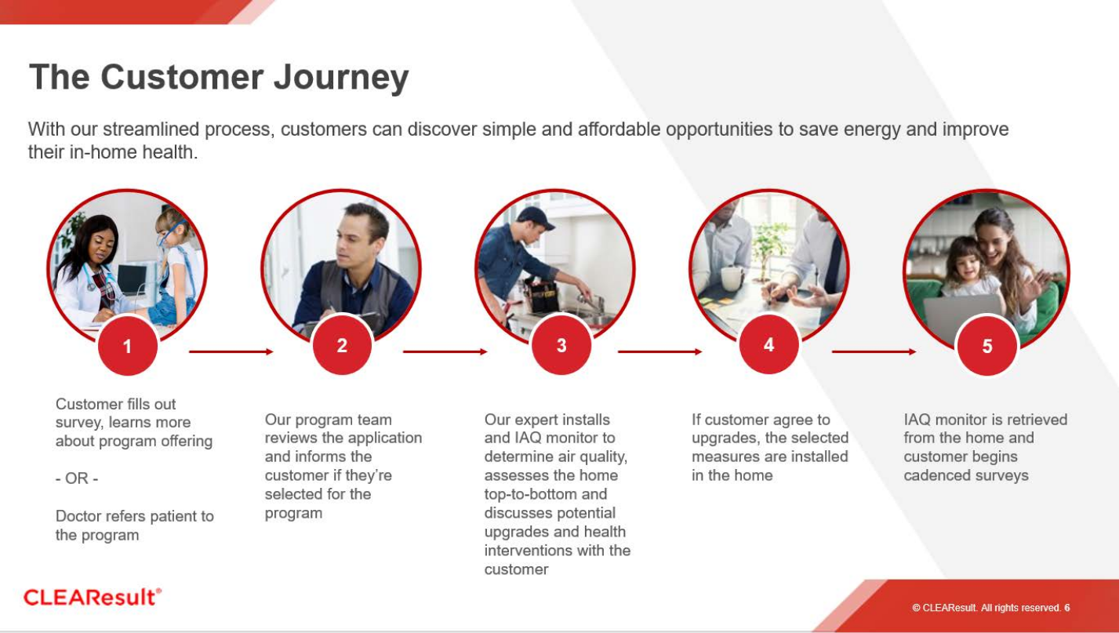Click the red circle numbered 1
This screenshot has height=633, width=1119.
coord(127,346)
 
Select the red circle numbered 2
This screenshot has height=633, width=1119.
coord(342,344)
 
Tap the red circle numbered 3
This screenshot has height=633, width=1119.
coord(561,344)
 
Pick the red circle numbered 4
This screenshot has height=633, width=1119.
coord(768,344)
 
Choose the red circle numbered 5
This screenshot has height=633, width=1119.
coord(987,346)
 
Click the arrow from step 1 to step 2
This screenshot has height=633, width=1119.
coord(231,351)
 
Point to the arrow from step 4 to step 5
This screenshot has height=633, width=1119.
coord(874,351)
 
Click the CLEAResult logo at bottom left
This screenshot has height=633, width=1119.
coord(93,597)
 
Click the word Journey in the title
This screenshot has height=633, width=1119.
coord(341,78)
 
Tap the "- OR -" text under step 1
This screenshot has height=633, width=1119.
coord(76,478)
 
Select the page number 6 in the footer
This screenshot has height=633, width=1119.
coord(1067,608)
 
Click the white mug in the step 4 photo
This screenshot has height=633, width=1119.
coord(731,278)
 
